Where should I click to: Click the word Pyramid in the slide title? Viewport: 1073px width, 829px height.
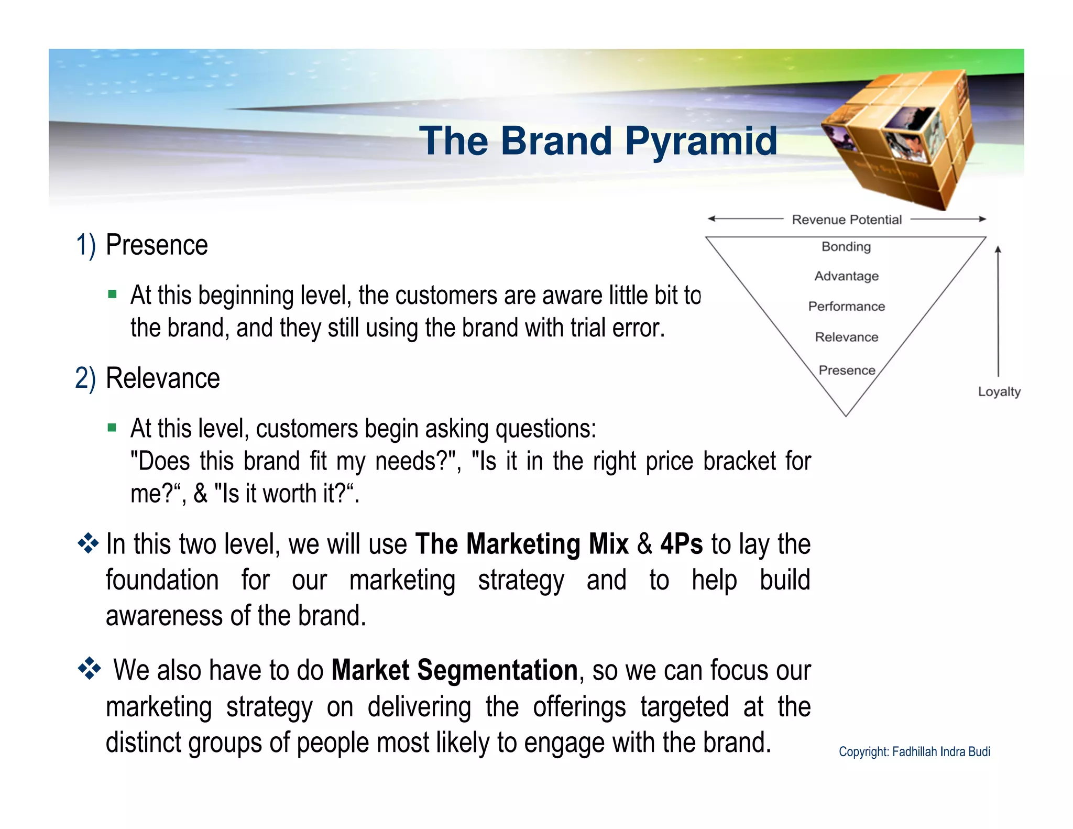tap(700, 141)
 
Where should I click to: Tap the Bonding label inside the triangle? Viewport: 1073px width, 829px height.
tap(846, 246)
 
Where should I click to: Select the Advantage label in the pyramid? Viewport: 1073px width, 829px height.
tap(846, 276)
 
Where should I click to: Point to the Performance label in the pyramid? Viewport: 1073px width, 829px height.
tap(846, 306)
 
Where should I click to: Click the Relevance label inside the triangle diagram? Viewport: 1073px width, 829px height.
tap(846, 337)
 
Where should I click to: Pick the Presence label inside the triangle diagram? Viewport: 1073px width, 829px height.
tap(847, 370)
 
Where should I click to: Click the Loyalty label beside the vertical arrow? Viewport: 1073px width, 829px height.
tap(999, 391)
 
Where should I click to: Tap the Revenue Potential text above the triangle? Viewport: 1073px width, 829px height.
tap(846, 220)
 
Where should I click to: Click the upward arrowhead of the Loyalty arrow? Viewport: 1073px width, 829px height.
tap(998, 250)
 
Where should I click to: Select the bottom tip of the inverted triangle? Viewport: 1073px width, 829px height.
tap(846, 415)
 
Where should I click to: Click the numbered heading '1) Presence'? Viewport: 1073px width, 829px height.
tap(141, 245)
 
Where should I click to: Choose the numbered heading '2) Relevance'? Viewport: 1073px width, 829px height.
tap(147, 378)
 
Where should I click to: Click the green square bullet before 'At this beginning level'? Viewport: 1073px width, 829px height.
tap(112, 294)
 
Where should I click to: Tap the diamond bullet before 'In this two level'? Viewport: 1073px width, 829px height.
tap(88, 543)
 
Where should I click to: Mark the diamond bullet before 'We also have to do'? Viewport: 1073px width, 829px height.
tap(89, 669)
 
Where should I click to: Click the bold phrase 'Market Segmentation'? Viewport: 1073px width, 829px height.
tap(454, 670)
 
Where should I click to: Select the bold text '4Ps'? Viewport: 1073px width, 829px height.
tap(681, 543)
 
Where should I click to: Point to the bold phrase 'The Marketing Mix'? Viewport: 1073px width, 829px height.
tap(521, 543)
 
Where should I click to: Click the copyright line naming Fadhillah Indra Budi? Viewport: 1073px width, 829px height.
tap(914, 751)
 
